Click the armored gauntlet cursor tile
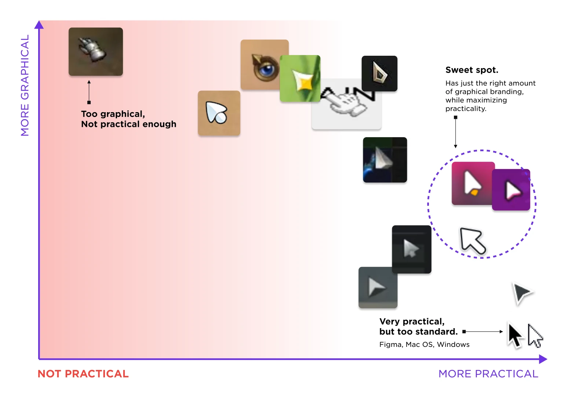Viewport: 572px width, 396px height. [x=96, y=52]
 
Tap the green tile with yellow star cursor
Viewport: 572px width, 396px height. [x=300, y=78]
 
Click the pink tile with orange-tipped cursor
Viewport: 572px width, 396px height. [x=473, y=183]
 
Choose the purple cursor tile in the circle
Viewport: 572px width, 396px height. [x=511, y=190]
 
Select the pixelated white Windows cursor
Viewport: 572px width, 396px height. [x=535, y=335]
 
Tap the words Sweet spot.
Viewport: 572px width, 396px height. [x=471, y=70]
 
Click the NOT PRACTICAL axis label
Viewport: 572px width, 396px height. [x=83, y=374]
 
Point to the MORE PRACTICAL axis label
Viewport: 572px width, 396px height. [x=488, y=374]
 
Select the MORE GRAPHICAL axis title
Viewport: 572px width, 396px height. [x=25, y=85]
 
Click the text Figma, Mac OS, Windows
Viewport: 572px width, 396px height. [x=425, y=344]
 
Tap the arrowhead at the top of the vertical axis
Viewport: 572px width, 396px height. [x=39, y=25]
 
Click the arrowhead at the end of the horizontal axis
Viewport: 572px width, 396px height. [x=543, y=359]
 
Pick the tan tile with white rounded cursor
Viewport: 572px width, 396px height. [x=219, y=113]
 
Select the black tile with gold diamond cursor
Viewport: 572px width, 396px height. [x=379, y=73]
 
